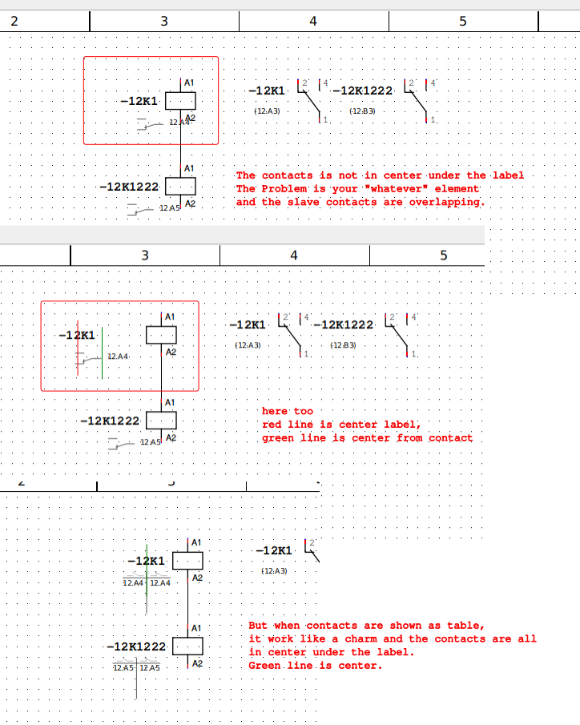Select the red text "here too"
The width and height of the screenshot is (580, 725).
[x=288, y=411]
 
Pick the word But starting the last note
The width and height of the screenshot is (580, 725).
[x=258, y=625]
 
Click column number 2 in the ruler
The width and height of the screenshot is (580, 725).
[x=14, y=21]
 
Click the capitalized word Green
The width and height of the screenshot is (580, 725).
[x=264, y=666]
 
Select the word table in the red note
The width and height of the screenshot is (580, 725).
[x=467, y=625]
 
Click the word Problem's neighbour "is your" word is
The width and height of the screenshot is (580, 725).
[x=312, y=188]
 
